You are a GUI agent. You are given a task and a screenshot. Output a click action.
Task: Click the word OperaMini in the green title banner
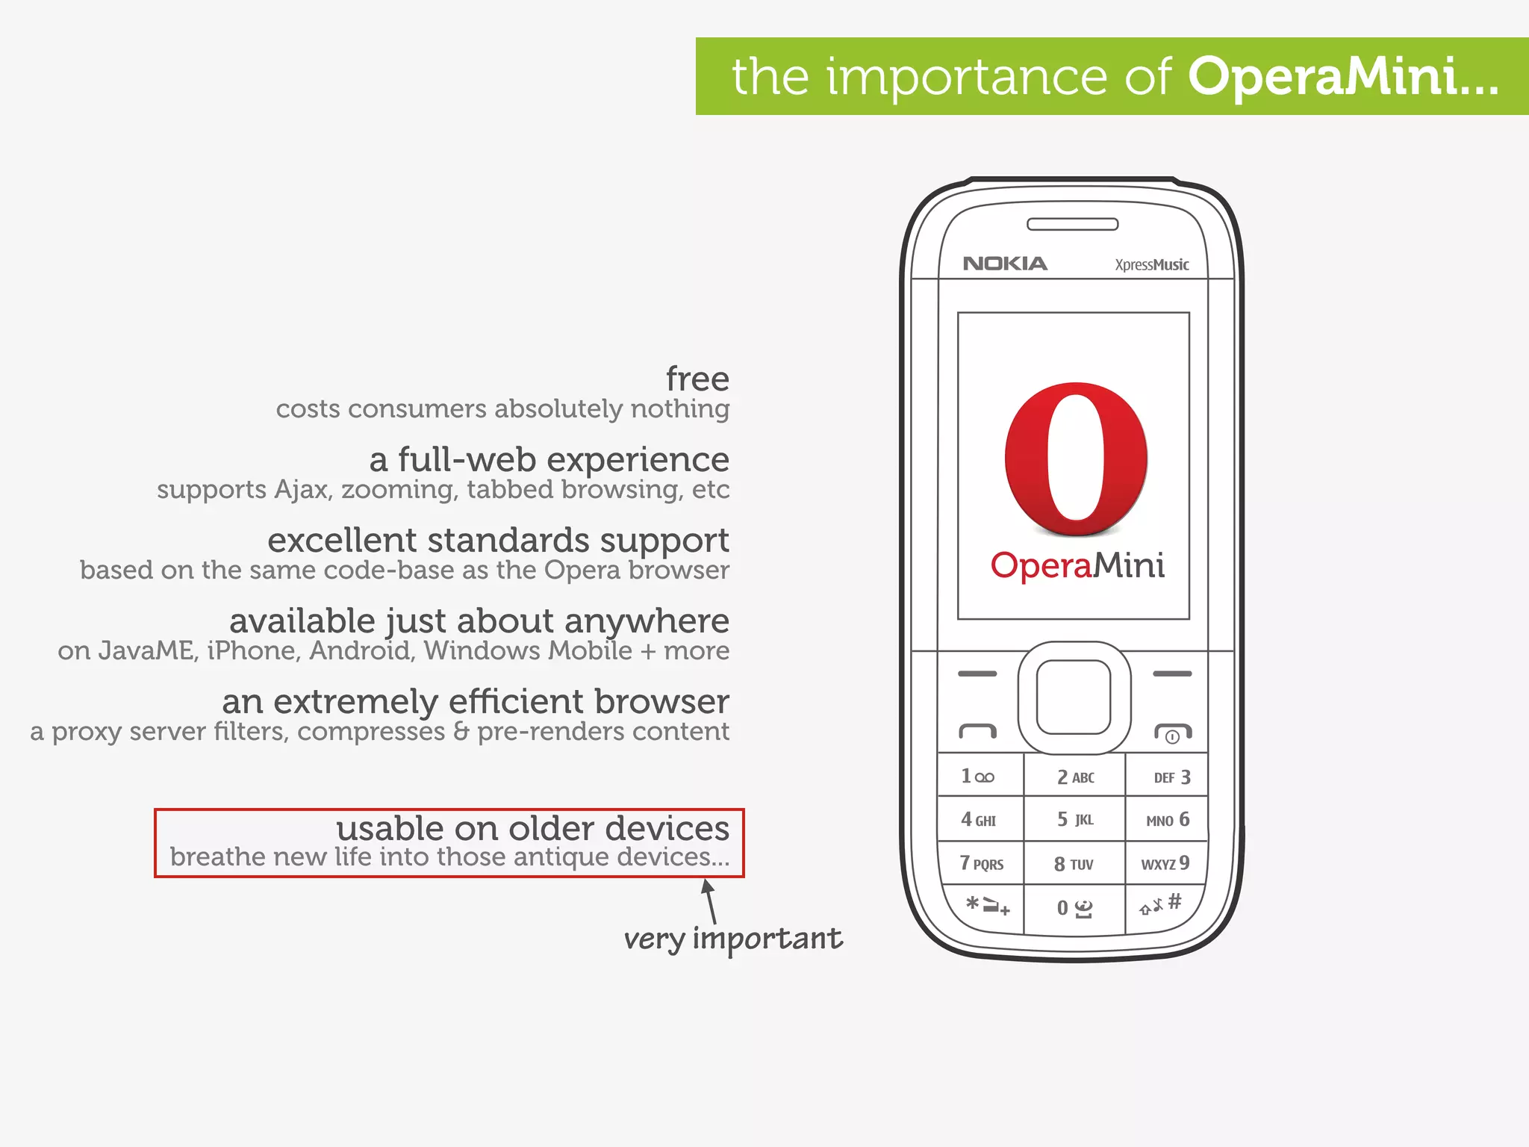1342,77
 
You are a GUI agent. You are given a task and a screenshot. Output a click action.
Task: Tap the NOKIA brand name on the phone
1005,264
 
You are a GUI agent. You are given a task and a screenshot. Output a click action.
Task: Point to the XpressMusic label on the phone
1151,265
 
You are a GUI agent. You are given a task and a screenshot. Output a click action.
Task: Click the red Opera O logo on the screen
1076,458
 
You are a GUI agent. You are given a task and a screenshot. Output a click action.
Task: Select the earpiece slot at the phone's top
1072,224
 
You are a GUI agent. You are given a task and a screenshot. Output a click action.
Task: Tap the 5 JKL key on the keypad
1074,820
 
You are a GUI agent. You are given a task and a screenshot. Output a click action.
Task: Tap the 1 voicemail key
978,777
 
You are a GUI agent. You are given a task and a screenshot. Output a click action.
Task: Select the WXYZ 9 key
1165,864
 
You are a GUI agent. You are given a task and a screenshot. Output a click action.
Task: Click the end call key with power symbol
1172,733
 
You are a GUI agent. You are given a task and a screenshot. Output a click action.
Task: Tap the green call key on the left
977,731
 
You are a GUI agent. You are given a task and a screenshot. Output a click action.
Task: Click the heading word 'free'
697,379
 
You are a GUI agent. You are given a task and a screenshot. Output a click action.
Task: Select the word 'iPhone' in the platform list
252,651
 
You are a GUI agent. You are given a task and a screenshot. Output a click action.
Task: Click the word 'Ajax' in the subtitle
302,490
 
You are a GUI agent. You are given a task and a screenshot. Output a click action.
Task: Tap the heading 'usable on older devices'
532,828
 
